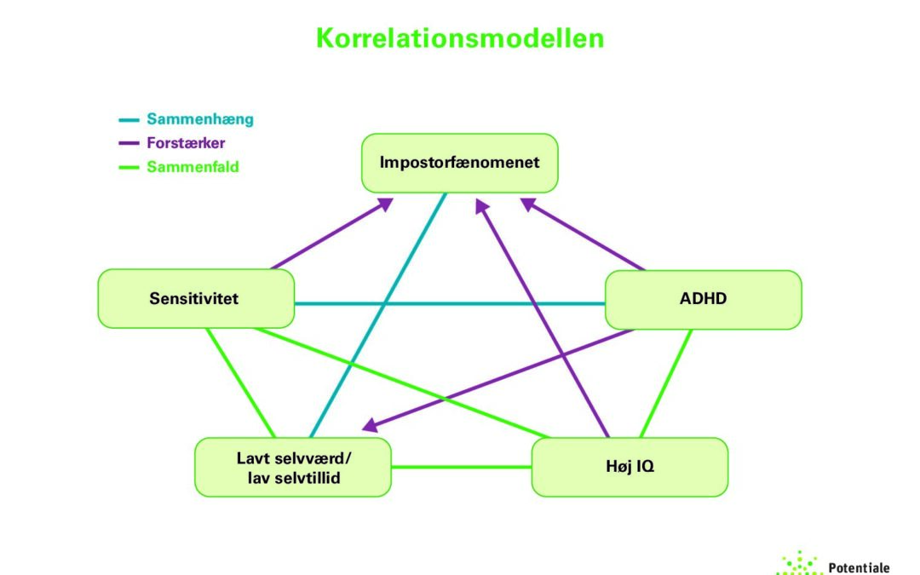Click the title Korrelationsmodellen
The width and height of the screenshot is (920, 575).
pos(460,37)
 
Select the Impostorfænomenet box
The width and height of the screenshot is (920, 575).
pos(460,162)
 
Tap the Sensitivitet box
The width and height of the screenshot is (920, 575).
pos(196,298)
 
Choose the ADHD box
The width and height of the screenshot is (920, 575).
pos(704,299)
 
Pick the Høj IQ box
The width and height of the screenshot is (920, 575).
pos(630,467)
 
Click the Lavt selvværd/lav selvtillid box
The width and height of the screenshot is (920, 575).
pos(293,467)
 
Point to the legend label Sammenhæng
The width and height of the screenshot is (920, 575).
pos(200,119)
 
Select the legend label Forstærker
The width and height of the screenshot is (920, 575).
pos(186,143)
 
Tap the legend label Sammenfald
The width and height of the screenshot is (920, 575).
pos(193,167)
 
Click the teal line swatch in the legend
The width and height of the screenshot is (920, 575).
pos(129,120)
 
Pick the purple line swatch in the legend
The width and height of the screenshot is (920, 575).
pos(129,144)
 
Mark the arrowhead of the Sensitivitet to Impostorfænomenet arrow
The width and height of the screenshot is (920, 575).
pos(385,204)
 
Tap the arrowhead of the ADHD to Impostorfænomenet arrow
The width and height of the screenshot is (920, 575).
pos(528,204)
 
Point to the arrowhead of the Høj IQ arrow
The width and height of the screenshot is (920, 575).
pos(481,206)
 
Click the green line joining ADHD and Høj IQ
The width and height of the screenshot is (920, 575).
pos(666,383)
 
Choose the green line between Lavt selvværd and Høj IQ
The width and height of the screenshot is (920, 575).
pos(461,467)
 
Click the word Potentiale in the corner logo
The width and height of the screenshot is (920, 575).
pos(859,566)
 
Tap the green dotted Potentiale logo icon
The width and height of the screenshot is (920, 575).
pos(799,564)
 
